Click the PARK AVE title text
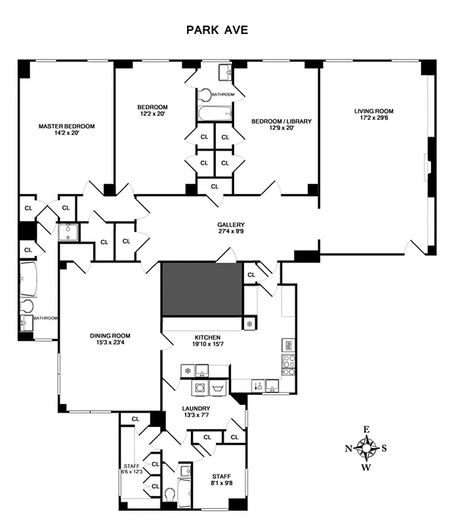[x=217, y=30]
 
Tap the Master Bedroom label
[x=66, y=126]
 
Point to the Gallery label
[x=231, y=225]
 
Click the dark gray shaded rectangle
[x=203, y=289]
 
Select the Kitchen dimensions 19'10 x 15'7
[x=207, y=345]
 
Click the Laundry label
[x=196, y=408]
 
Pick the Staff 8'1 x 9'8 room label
[x=221, y=477]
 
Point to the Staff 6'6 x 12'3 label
[x=132, y=467]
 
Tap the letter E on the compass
[x=367, y=430]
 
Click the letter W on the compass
[x=367, y=468]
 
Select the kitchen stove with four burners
[x=288, y=365]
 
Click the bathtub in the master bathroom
[x=28, y=280]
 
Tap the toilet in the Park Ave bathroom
[x=205, y=95]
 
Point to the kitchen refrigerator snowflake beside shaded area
[x=249, y=324]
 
